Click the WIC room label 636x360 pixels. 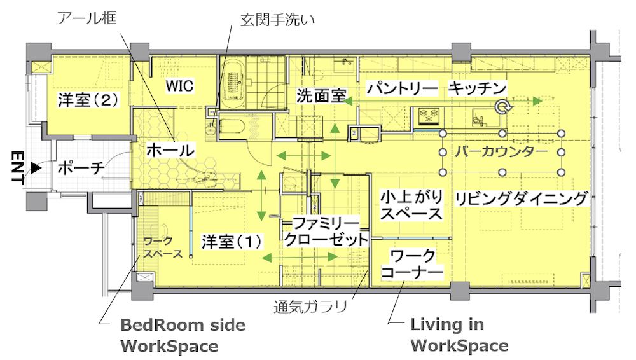(x=180, y=86)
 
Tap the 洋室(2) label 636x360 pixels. (x=88, y=100)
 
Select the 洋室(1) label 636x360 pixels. (x=232, y=242)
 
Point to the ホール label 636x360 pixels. (x=170, y=150)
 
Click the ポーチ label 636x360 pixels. (x=81, y=168)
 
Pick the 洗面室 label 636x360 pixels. (x=321, y=96)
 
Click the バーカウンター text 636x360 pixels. (x=501, y=152)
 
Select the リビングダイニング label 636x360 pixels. (x=522, y=198)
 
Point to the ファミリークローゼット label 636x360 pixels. (x=326, y=232)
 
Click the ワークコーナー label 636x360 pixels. (x=412, y=264)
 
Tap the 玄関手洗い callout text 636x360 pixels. (x=277, y=20)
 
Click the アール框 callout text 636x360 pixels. (x=86, y=18)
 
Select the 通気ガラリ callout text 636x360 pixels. (x=311, y=307)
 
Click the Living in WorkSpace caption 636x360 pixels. (x=459, y=335)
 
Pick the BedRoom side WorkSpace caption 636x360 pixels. (x=183, y=336)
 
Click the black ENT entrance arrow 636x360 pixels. (x=36, y=168)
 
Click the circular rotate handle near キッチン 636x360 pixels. (x=503, y=107)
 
